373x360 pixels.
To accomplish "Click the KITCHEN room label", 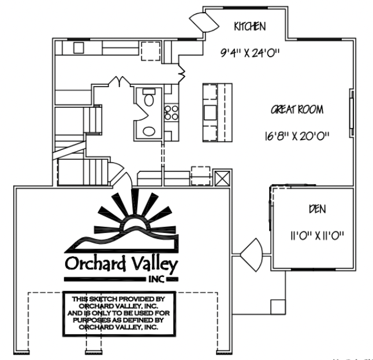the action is pos(250,27).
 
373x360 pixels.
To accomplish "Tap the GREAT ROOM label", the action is pos(297,110).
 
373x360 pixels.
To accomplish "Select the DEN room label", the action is pos(318,209).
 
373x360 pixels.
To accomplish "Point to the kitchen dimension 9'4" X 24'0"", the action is pos(250,52).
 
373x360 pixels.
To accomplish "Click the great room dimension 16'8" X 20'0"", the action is pos(297,136).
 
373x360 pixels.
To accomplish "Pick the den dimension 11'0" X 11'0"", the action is pos(318,236).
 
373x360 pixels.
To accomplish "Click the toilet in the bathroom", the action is pos(149,97).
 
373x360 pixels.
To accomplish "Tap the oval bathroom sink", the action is pos(149,131).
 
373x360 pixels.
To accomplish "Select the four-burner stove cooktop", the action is pos(171,112).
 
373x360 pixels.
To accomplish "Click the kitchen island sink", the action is pos(210,112).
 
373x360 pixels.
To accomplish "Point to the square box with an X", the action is pos(222,178).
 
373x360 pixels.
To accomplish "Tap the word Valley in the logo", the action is pos(155,263).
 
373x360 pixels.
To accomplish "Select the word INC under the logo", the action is pos(156,279).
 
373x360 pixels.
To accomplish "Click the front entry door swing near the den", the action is pos(253,255).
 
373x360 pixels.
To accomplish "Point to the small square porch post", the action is pos(278,307).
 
